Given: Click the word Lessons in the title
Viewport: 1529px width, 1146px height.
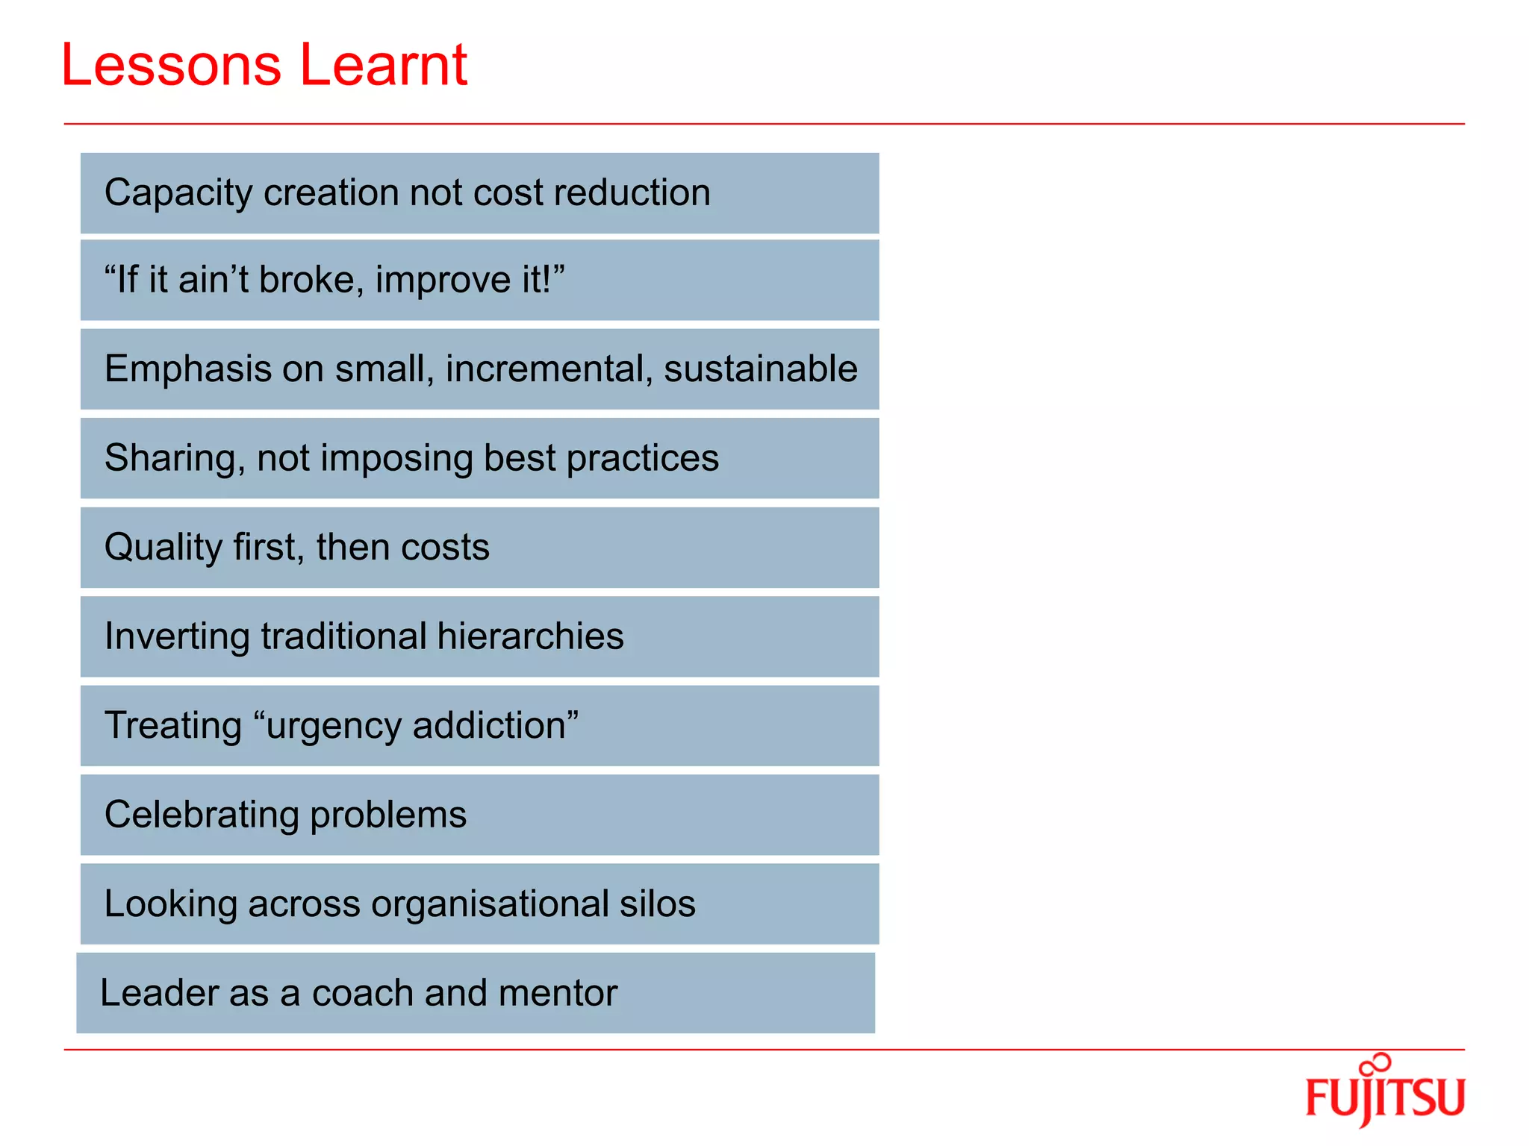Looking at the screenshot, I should click(x=171, y=66).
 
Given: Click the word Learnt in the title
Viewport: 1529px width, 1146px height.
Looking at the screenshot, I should click(x=383, y=66).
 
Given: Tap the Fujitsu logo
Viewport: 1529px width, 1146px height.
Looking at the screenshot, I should click(x=1385, y=1092).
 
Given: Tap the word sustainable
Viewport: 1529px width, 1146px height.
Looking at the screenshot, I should click(x=760, y=369).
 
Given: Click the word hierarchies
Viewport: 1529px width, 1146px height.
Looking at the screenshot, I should click(x=530, y=636).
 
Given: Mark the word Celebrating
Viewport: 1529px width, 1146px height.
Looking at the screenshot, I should click(x=201, y=814).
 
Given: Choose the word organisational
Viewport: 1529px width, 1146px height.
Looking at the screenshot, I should click(x=490, y=904).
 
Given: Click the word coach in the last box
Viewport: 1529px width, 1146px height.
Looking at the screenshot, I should click(x=362, y=993).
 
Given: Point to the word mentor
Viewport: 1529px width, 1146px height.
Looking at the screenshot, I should click(x=558, y=993).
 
